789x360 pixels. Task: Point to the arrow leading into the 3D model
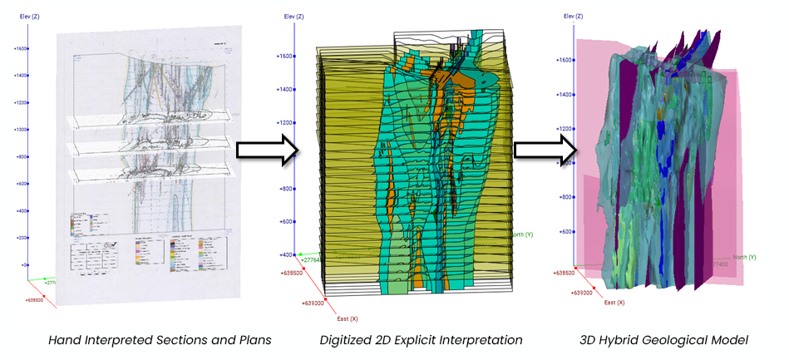click(x=545, y=150)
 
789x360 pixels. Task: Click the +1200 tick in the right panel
click(x=562, y=129)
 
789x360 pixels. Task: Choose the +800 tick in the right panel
click(x=565, y=197)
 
